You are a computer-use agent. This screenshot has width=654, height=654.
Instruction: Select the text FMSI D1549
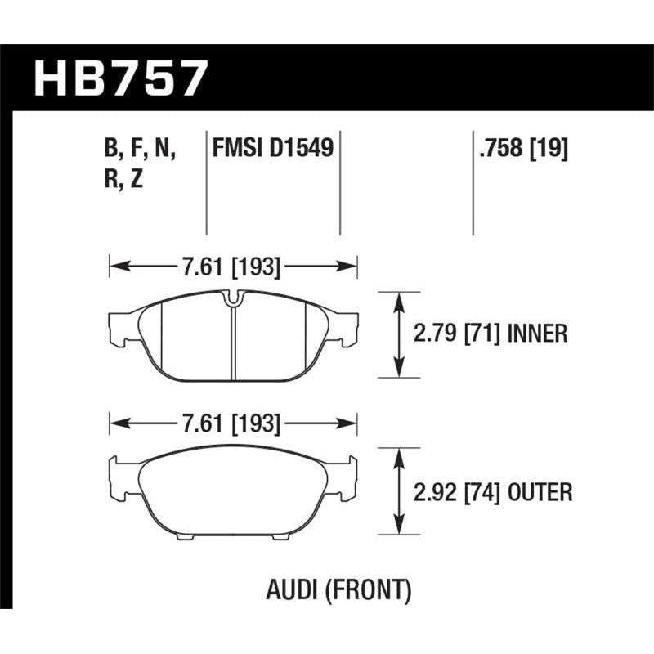point(273,149)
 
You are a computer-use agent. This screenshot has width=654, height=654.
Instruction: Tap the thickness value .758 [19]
point(520,149)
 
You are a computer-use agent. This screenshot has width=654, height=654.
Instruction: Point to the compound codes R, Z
point(124,180)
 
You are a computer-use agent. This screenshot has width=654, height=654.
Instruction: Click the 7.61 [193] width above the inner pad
point(233,266)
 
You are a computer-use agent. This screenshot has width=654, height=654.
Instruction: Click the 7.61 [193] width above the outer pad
point(233,424)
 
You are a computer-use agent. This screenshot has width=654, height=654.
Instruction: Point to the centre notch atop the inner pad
point(233,299)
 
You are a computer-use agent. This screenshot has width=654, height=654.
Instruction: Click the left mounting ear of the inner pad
point(119,327)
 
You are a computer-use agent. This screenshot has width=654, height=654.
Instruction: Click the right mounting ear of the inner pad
point(347,327)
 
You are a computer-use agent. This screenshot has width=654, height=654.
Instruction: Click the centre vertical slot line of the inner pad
point(233,343)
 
